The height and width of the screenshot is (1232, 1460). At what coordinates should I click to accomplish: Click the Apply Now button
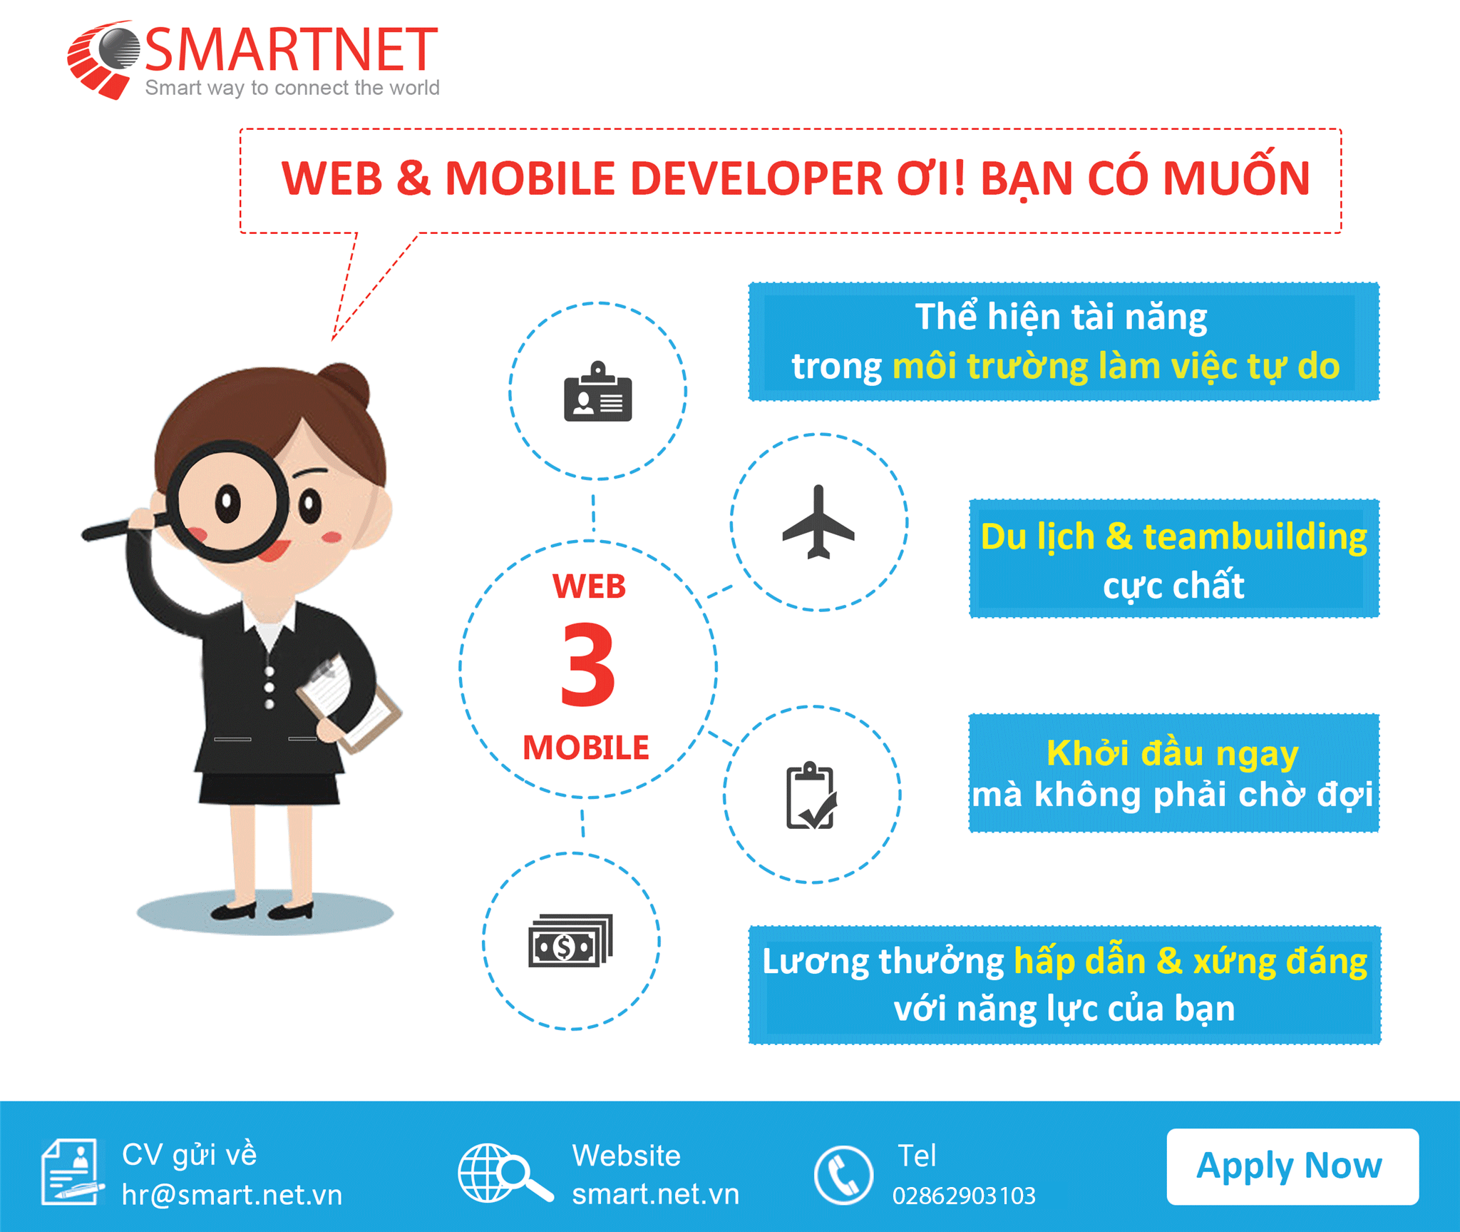[1292, 1166]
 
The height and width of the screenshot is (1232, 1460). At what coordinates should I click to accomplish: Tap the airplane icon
[818, 522]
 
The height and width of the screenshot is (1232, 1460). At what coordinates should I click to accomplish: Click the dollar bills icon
[570, 941]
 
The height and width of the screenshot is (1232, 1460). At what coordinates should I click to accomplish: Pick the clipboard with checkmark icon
[811, 795]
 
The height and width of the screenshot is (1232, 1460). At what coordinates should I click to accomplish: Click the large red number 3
[587, 664]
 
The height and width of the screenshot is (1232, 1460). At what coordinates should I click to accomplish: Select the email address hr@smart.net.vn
[232, 1195]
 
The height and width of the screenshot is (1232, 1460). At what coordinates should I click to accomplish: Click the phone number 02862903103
[964, 1196]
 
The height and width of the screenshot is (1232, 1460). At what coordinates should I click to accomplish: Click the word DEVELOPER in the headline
[756, 178]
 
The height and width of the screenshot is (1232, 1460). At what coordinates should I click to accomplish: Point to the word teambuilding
[1255, 536]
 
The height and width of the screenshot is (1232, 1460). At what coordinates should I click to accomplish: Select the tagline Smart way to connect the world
[292, 88]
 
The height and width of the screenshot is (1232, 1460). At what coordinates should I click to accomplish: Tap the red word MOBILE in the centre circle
[586, 748]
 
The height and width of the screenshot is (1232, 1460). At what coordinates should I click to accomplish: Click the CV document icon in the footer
[71, 1173]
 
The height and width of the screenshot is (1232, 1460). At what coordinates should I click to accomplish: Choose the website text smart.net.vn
[656, 1194]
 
